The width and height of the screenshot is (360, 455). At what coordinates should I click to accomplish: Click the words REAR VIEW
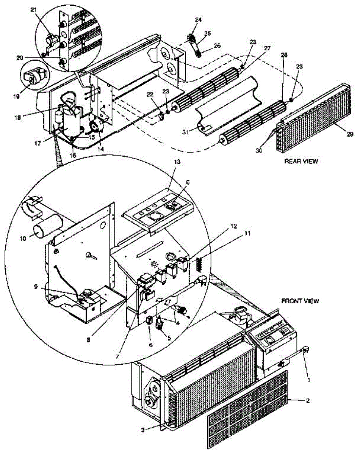(301, 161)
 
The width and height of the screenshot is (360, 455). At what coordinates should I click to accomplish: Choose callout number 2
(307, 400)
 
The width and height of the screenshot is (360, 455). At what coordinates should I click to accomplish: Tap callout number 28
(284, 55)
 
